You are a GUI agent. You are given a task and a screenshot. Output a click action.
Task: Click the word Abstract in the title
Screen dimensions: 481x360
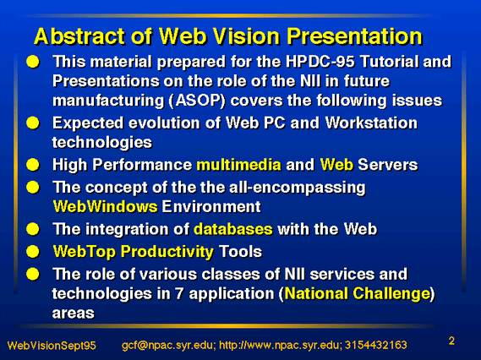click(x=80, y=36)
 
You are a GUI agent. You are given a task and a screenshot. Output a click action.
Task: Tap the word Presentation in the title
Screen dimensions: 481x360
click(x=354, y=36)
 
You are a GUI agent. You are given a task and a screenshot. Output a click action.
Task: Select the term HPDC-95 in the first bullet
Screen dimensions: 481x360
click(x=320, y=62)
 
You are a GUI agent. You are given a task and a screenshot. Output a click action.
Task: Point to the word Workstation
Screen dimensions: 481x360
click(x=371, y=123)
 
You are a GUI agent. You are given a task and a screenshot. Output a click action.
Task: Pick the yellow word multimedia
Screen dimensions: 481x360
click(x=238, y=165)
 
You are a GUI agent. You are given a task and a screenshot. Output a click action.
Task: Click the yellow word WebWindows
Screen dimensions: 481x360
click(x=105, y=206)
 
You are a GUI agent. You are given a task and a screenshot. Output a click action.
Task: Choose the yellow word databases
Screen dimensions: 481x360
click(x=233, y=229)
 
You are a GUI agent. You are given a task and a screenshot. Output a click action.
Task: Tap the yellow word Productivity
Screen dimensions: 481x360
click(x=167, y=252)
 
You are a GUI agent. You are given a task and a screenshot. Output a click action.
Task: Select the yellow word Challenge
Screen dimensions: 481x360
click(x=391, y=293)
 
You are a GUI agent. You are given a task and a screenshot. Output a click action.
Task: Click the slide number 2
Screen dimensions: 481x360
click(x=451, y=341)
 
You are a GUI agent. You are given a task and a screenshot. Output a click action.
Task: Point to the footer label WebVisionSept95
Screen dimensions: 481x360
click(x=52, y=346)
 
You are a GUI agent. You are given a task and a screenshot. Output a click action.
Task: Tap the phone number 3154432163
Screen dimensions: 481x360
click(x=376, y=346)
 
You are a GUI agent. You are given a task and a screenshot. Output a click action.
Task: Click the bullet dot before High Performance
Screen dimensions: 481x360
click(x=33, y=165)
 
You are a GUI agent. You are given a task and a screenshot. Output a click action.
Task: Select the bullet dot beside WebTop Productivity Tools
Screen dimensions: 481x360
click(x=33, y=252)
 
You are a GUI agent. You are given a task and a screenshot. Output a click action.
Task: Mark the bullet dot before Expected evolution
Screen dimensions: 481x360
click(x=33, y=123)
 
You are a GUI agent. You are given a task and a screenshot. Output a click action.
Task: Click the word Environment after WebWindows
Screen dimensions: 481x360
click(x=211, y=206)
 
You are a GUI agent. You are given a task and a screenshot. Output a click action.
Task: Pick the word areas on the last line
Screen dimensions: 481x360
click(x=74, y=313)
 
